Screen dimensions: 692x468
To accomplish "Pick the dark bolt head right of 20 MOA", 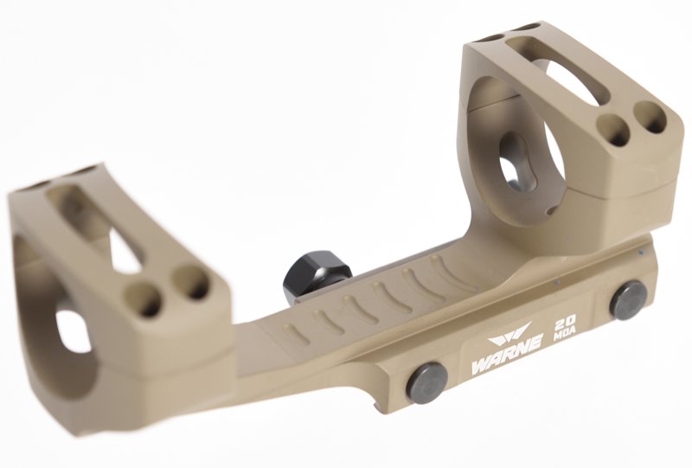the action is [x=628, y=300].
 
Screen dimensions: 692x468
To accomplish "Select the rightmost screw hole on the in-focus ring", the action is [x=650, y=117].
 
